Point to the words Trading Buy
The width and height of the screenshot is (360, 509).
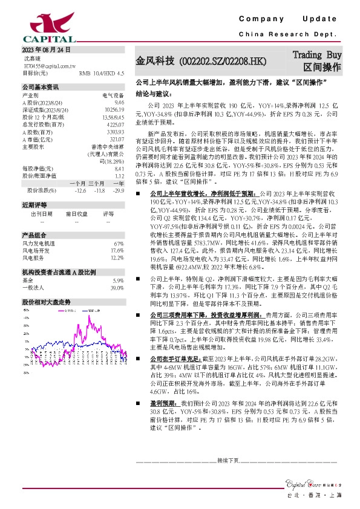[x=318, y=55]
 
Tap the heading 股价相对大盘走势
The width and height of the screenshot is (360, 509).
[x=47, y=301]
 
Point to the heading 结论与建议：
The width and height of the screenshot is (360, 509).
[x=154, y=94]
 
